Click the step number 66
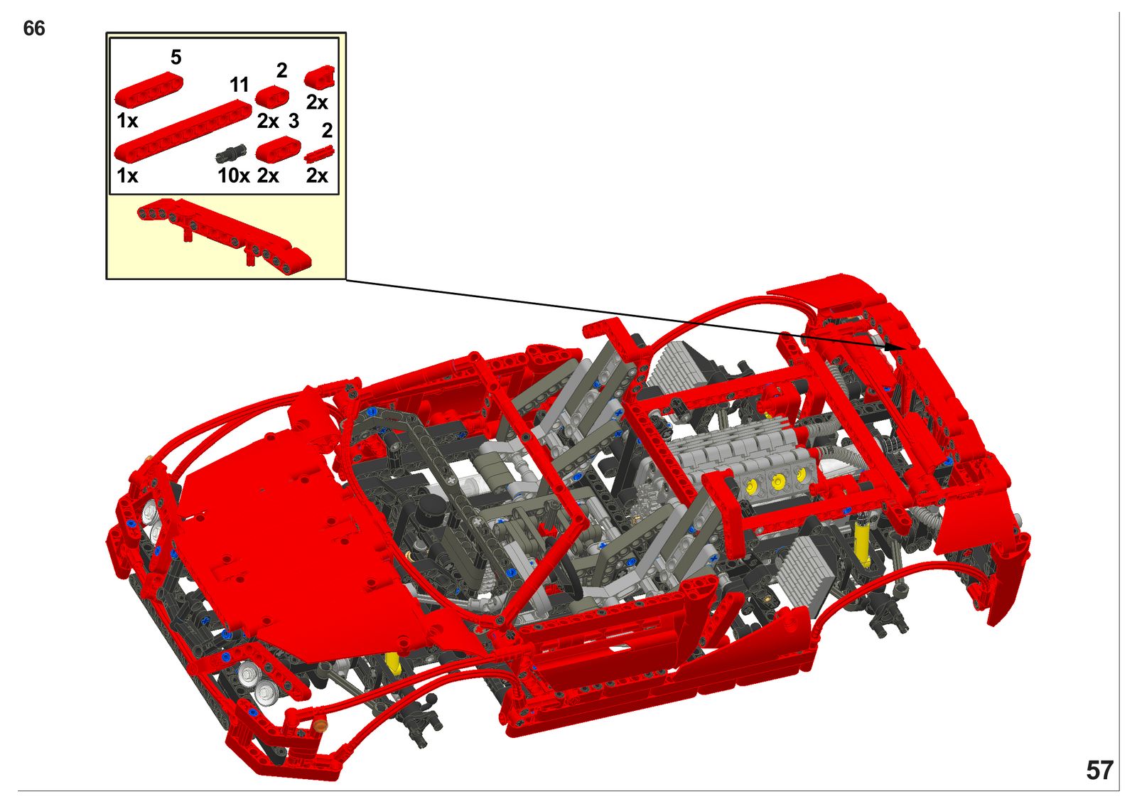(x=34, y=28)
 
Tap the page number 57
(x=1099, y=771)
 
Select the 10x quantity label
(x=234, y=176)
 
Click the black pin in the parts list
(x=231, y=153)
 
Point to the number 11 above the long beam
(x=239, y=85)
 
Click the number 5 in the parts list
(x=176, y=58)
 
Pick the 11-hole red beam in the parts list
(x=183, y=130)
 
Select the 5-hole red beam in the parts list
(x=149, y=90)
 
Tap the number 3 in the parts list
(x=293, y=122)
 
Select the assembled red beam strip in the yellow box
(x=223, y=236)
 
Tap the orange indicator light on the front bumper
(x=319, y=725)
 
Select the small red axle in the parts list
(x=319, y=154)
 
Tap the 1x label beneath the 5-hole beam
(x=127, y=121)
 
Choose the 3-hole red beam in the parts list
(x=278, y=149)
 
